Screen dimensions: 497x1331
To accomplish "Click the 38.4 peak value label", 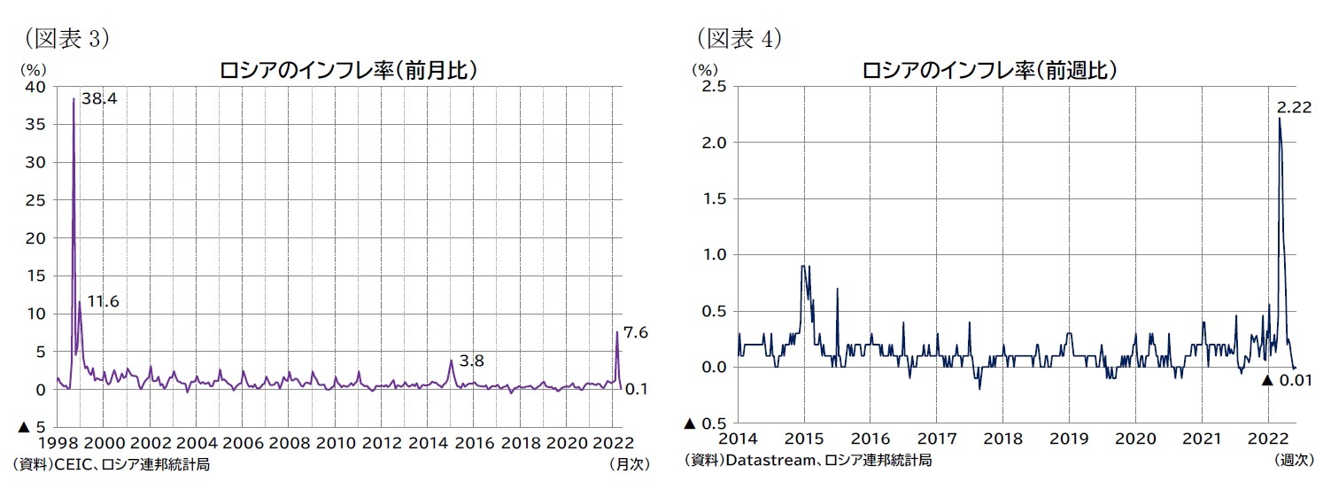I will [x=99, y=99].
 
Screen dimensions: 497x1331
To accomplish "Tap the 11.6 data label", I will [x=103, y=302].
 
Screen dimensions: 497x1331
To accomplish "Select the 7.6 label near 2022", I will [x=636, y=332].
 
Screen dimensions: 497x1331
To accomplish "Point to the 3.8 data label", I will [x=471, y=361].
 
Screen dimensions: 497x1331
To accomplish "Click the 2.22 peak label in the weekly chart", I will [x=1294, y=107].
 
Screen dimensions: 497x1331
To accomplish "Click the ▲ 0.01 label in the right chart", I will [x=1284, y=380].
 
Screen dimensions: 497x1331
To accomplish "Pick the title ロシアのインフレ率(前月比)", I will [x=349, y=71].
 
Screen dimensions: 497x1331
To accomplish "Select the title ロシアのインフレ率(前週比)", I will [x=989, y=71].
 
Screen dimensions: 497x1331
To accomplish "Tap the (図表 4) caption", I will [x=739, y=38].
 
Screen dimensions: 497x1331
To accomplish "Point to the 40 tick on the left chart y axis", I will [x=35, y=87].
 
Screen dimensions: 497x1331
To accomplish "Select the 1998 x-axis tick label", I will [x=56, y=443].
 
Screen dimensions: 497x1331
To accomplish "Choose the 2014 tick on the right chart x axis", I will [x=737, y=439].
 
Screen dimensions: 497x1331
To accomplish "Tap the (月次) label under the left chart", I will [x=628, y=463].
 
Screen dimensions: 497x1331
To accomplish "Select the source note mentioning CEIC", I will [x=111, y=463].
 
